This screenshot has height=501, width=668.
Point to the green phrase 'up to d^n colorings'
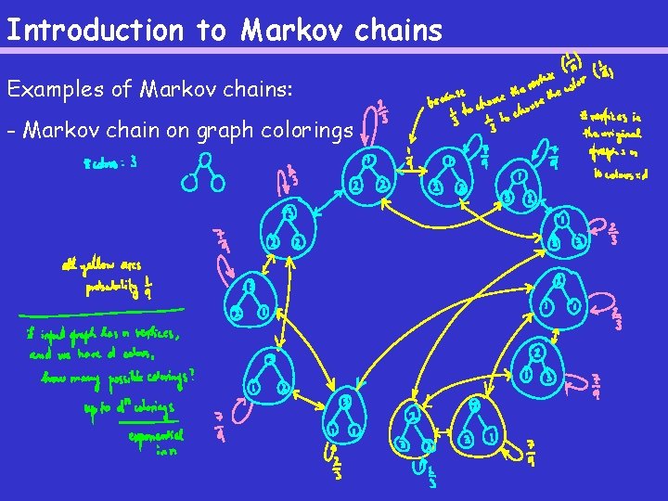(x=127, y=407)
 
